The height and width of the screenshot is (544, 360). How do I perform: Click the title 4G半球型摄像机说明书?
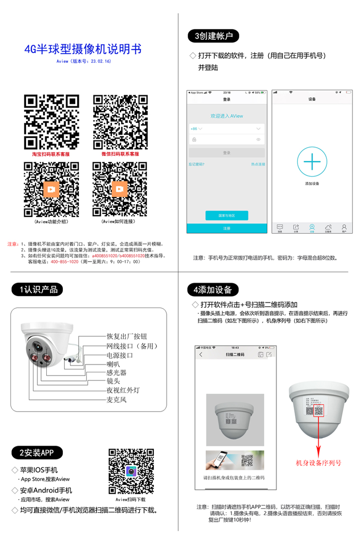83,49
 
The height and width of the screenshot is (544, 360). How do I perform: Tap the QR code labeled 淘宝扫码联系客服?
51,122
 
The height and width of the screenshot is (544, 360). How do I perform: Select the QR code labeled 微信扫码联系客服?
120,122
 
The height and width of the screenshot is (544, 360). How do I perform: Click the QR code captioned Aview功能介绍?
51,189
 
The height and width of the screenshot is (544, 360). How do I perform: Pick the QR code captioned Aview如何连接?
120,189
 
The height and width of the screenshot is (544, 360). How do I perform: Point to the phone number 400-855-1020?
64,261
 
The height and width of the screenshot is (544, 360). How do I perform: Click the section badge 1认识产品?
38,290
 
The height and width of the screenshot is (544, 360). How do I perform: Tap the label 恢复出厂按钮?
127,336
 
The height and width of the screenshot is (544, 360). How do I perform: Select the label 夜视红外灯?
123,390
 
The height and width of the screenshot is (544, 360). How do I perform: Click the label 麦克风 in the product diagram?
117,400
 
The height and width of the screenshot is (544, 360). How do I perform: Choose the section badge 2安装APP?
37,453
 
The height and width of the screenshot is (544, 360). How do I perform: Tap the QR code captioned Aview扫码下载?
131,471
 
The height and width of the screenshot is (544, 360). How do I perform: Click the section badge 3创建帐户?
213,36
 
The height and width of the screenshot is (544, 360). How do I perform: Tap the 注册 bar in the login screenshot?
227,228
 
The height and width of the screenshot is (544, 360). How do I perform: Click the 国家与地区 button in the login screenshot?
227,215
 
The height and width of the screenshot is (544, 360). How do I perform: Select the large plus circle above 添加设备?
312,162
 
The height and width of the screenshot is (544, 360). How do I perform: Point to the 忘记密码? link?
196,164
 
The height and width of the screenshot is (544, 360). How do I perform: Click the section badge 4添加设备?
213,290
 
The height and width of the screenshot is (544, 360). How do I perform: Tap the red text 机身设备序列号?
318,463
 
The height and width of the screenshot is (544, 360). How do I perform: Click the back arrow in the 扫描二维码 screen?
201,354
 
